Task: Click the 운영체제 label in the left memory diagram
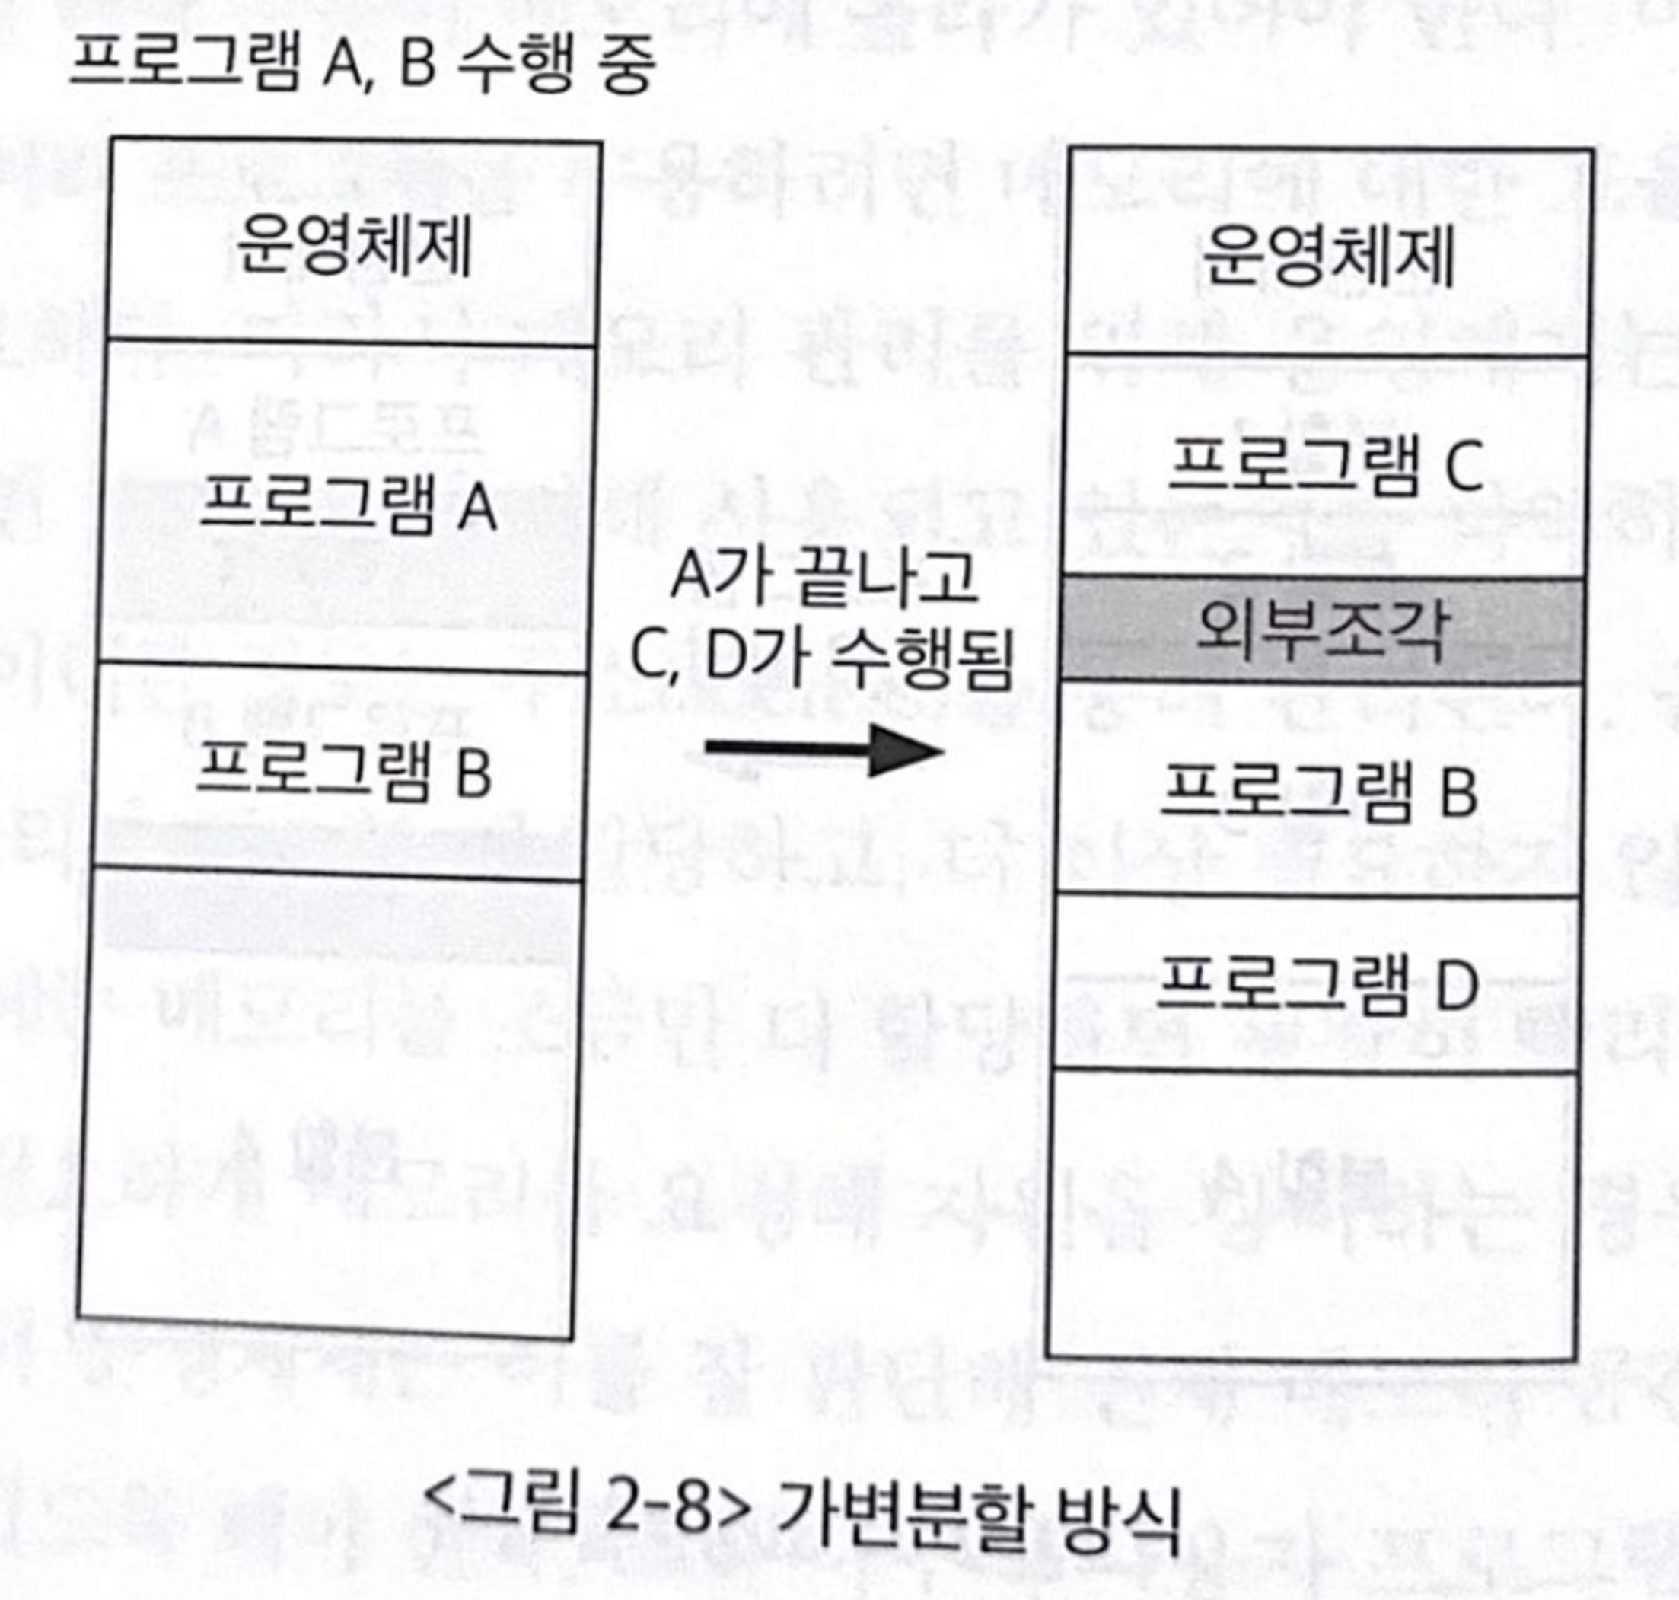pos(353,247)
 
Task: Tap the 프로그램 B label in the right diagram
pos(1318,792)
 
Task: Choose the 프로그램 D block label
pos(1317,986)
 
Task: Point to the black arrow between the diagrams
pos(823,751)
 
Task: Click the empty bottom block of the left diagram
pos(328,1100)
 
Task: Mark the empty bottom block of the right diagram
pos(1311,1211)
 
